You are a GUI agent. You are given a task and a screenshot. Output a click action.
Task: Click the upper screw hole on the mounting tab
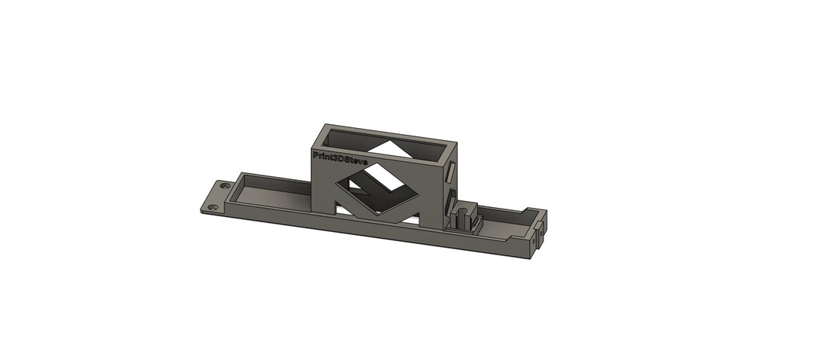(224, 185)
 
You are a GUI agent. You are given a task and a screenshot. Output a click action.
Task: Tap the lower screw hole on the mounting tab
(212, 208)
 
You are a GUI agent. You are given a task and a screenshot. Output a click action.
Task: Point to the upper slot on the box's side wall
(451, 171)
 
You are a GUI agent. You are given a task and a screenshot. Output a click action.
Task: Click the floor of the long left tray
(269, 194)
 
